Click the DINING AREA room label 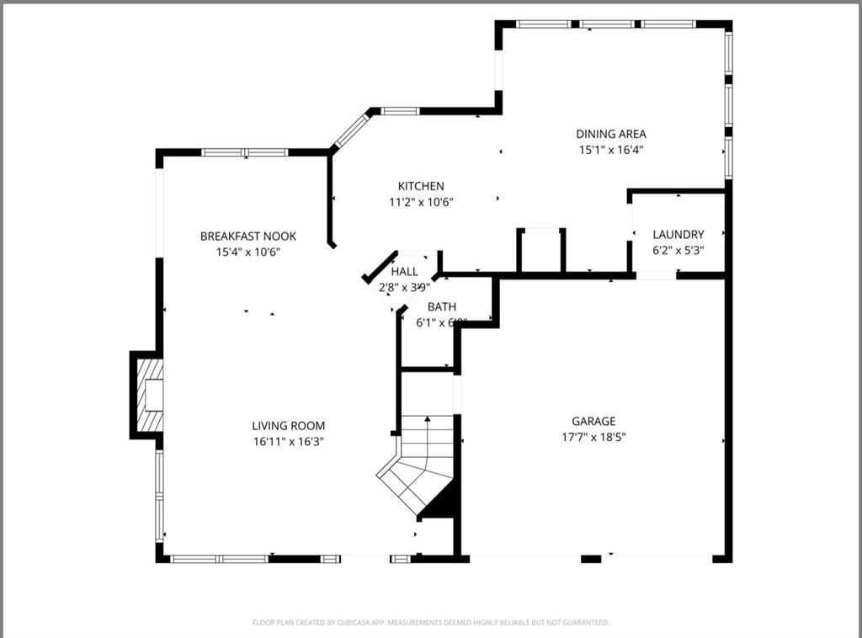[611, 134]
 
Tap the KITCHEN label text [421, 186]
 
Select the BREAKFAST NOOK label [248, 237]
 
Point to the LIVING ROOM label [289, 426]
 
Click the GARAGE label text [593, 422]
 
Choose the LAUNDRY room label [678, 235]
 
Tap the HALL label [404, 272]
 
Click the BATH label [442, 307]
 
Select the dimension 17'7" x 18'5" [593, 437]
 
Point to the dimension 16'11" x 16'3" [289, 441]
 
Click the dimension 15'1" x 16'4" [611, 150]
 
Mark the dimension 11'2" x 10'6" [421, 201]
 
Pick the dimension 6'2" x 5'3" [678, 250]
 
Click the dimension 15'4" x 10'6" [248, 252]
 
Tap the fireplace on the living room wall [148, 395]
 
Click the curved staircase [417, 467]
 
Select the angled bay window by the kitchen [352, 130]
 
